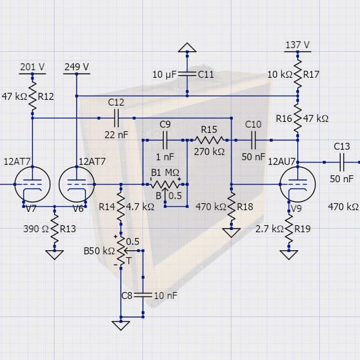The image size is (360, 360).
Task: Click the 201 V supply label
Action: tap(33, 67)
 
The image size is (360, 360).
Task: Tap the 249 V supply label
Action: tap(77, 67)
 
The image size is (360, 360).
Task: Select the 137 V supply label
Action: tap(297, 45)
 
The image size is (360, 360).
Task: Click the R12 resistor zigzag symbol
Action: tap(33, 96)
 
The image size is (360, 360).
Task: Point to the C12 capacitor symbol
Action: tap(116, 118)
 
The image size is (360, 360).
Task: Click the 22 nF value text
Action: tap(116, 135)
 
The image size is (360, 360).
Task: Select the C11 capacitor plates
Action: tap(187, 74)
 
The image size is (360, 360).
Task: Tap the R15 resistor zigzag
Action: tap(209, 140)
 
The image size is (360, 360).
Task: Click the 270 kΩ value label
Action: tap(209, 152)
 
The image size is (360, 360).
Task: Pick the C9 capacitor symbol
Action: tap(165, 140)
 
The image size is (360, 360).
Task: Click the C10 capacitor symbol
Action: tap(253, 140)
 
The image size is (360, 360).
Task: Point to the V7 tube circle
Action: tap(33, 185)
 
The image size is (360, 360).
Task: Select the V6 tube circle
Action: tap(77, 185)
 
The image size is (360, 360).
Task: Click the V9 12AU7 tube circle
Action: tap(297, 185)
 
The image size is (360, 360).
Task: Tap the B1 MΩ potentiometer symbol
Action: tap(165, 185)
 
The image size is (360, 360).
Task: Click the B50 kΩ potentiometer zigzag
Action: tap(121, 251)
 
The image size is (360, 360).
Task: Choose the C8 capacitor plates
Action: tap(143, 295)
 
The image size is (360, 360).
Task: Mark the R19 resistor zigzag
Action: tap(289, 229)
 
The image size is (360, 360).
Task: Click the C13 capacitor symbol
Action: tap(341, 162)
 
